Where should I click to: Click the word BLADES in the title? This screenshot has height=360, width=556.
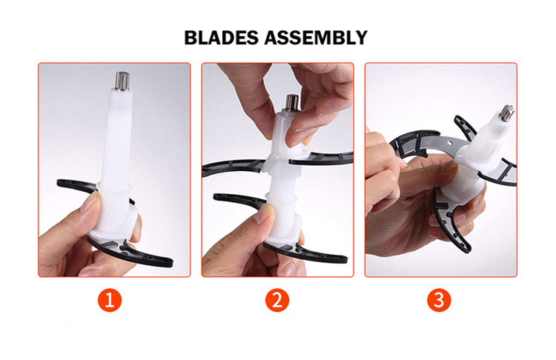221,38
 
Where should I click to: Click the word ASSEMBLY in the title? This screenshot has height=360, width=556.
316,38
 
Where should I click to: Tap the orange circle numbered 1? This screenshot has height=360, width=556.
110,300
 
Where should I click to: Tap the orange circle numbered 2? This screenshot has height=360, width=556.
277,300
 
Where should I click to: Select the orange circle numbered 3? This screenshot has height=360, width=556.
439,300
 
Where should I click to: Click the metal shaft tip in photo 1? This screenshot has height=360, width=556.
122,81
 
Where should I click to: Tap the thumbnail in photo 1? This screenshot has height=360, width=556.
91,201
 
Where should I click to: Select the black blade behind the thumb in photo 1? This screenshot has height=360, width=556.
77,185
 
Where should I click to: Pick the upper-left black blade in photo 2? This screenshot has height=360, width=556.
232,167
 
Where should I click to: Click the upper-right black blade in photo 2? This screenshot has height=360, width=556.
321,158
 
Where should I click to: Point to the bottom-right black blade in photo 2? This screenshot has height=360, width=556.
305,253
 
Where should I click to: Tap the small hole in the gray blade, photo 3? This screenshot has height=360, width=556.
450,143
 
